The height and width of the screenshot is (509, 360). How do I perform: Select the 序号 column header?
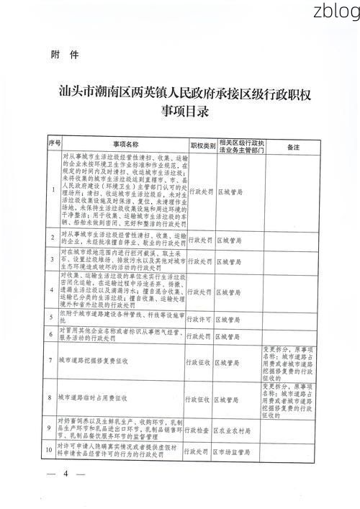coord(53,145)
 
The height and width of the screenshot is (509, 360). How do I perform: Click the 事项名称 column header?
coord(124,145)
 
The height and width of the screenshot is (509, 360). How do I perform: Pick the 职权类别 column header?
coord(202,145)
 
